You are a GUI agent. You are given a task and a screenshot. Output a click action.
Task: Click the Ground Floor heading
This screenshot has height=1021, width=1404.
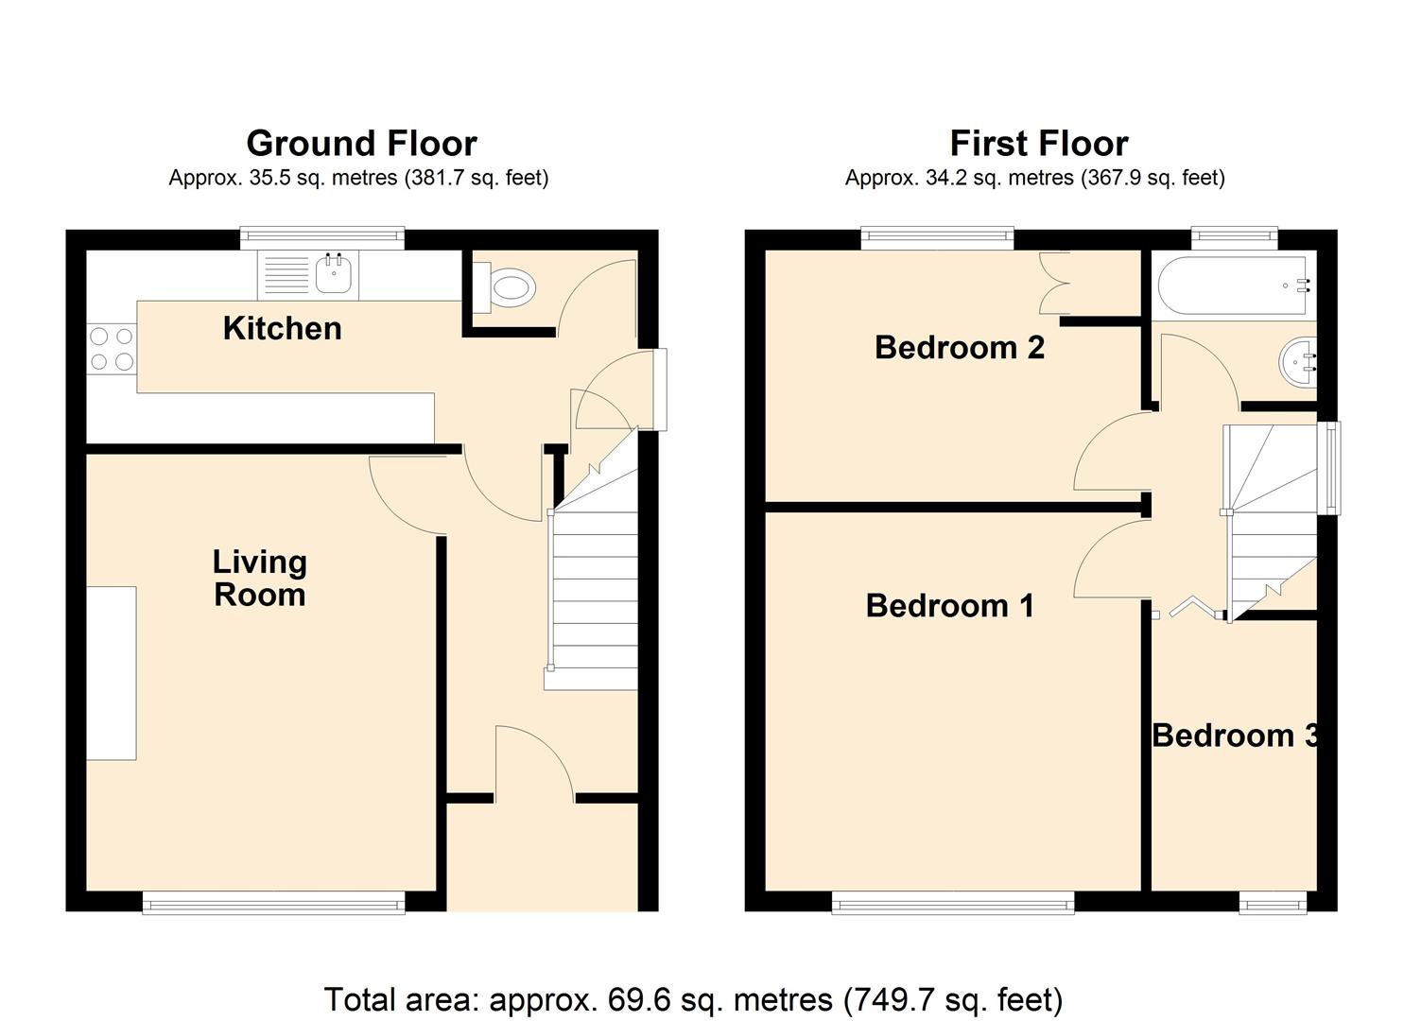361,144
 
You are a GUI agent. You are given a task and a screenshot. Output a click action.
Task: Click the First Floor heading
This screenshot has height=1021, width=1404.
1038,144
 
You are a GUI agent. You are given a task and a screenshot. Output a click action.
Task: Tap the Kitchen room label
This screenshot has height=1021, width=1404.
282,328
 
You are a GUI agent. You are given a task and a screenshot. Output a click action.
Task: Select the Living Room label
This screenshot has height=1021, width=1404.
259,579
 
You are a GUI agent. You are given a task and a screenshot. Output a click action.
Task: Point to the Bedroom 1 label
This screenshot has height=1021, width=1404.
949,605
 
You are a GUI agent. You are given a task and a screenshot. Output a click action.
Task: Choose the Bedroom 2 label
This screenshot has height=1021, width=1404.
959,347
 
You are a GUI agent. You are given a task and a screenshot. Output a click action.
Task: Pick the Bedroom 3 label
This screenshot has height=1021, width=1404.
1234,735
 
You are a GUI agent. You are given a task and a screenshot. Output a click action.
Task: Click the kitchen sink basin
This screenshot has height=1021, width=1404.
334,275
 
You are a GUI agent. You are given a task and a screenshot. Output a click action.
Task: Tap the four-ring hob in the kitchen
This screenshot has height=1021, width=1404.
112,348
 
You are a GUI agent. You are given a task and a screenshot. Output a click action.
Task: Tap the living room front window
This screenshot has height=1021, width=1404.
273,905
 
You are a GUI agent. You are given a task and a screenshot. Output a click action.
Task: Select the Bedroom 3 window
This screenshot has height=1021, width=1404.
1274,905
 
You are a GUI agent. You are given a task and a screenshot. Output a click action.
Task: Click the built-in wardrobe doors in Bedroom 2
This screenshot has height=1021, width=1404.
1055,283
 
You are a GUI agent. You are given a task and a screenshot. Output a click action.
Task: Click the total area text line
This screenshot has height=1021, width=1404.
693,998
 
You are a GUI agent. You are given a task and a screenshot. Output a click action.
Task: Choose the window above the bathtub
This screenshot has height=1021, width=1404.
1234,237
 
